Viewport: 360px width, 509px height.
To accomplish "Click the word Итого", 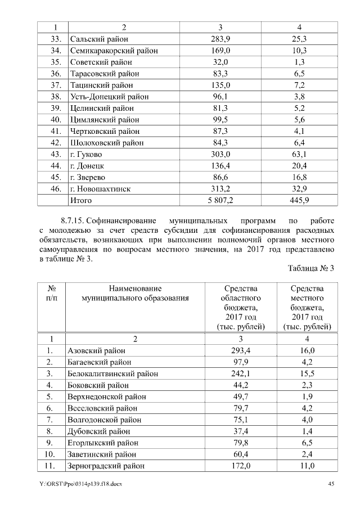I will [x=81, y=200].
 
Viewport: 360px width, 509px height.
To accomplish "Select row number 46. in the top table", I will [x=55, y=188].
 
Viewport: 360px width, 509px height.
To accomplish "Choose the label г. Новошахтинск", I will [x=100, y=188].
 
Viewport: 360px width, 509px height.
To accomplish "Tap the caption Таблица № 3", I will [x=311, y=268].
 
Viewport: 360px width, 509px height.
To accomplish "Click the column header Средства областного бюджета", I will [x=236, y=307].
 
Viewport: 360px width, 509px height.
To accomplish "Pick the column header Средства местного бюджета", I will [x=307, y=307].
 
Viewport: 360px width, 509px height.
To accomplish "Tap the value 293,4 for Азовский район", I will [x=236, y=350].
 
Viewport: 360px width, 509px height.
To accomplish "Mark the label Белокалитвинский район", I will [x=112, y=373].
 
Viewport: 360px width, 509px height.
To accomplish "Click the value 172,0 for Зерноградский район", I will [x=236, y=466].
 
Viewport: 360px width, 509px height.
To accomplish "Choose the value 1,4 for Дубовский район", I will [x=307, y=431].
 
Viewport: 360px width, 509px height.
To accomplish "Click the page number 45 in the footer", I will [x=331, y=484].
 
